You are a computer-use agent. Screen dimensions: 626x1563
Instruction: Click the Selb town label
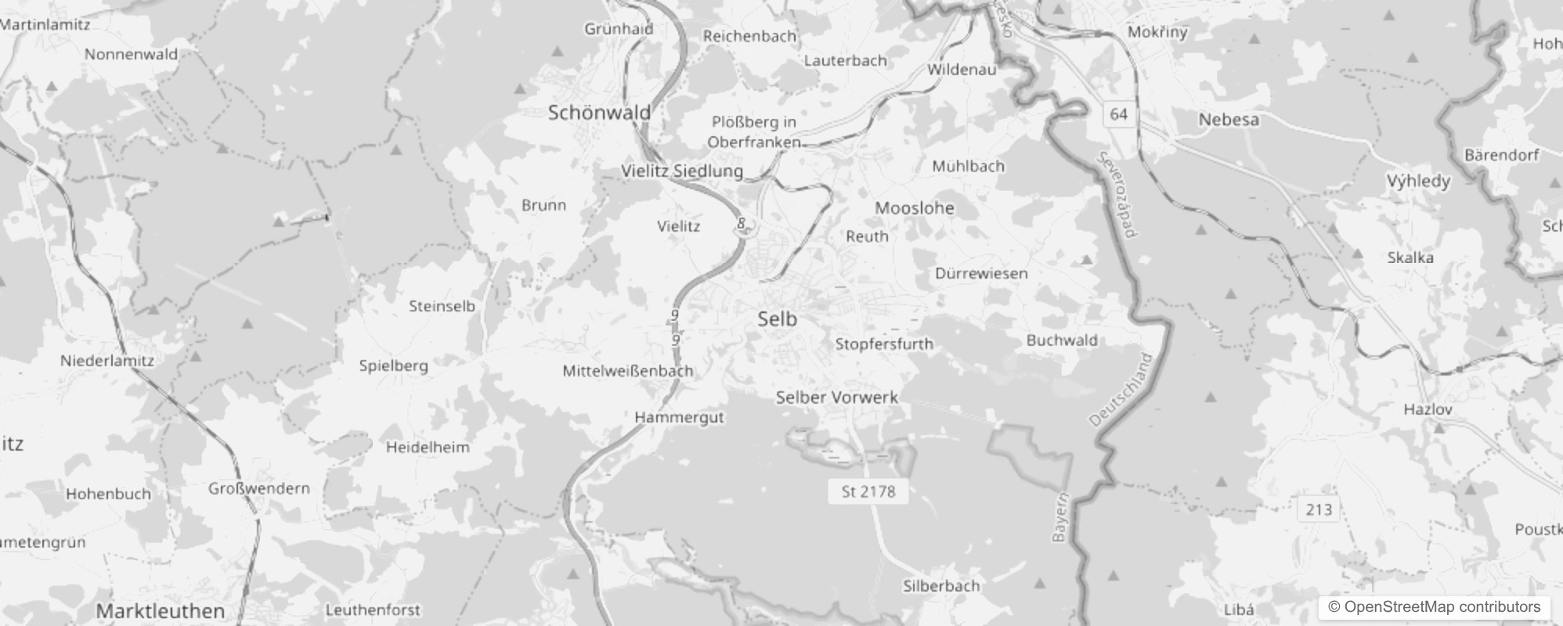click(777, 319)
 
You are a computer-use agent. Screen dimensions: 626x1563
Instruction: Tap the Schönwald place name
click(599, 113)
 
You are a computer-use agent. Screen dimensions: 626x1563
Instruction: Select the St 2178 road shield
click(868, 491)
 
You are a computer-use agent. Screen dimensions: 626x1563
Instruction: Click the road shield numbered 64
click(1118, 114)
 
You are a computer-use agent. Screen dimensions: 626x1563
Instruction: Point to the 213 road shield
click(1319, 510)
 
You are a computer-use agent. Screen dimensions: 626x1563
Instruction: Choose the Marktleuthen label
click(161, 611)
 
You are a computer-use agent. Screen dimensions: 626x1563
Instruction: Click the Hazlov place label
click(1428, 409)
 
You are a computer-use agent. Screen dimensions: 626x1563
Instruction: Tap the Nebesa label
click(1229, 120)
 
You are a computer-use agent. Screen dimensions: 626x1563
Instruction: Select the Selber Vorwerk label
click(836, 398)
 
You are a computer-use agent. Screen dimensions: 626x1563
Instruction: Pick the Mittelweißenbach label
click(627, 371)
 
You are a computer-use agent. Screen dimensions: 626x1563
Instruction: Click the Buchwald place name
click(1061, 340)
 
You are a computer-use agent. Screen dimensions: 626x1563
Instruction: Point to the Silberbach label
click(940, 586)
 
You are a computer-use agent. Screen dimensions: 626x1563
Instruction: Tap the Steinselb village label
click(442, 306)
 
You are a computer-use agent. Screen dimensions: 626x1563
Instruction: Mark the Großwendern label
click(258, 488)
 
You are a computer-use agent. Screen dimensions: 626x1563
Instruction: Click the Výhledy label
click(1418, 182)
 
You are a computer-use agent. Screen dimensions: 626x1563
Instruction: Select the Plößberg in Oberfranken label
click(753, 131)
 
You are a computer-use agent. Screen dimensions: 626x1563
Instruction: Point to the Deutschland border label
click(1121, 390)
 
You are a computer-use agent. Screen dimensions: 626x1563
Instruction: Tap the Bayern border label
click(1060, 518)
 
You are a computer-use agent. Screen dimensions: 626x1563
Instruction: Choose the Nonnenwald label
click(131, 55)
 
